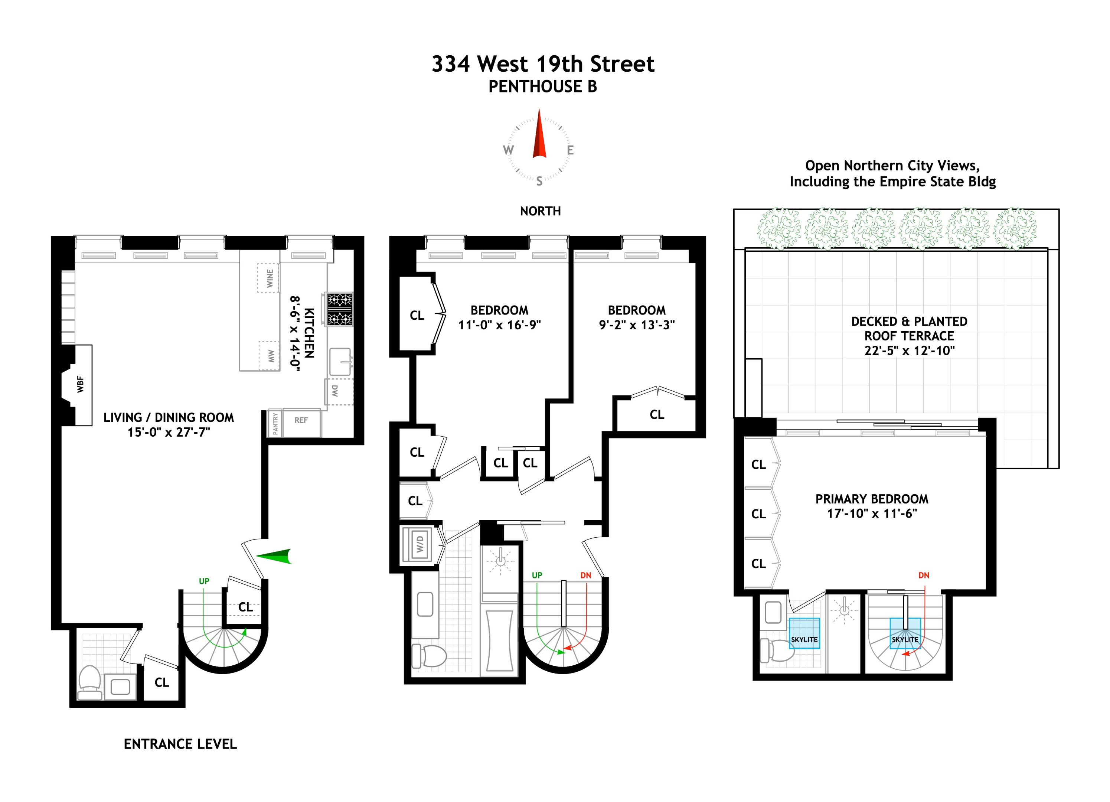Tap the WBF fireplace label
coord(80,384)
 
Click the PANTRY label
coord(275,423)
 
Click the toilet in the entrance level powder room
coord(89,682)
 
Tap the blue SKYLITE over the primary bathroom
coord(804,633)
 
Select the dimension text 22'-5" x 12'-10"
coord(909,351)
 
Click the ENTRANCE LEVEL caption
coord(180,744)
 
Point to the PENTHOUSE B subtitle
coord(542,87)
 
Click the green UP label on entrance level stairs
coord(204,581)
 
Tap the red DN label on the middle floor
coord(585,575)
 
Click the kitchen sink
coord(340,361)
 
